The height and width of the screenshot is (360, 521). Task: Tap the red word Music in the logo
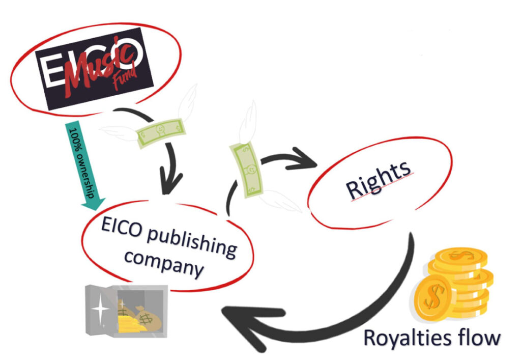click(x=97, y=67)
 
